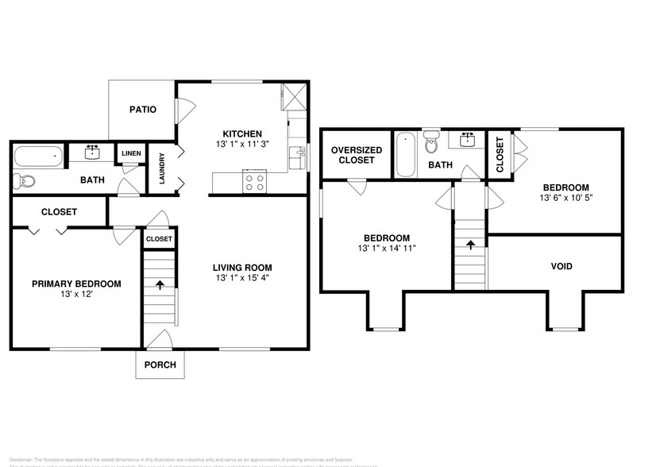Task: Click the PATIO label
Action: coord(143,110)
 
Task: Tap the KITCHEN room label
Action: coord(242,133)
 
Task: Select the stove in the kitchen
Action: coord(256,182)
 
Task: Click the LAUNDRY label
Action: coord(162,168)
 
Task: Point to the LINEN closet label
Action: coord(131,152)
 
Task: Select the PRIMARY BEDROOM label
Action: coord(76,284)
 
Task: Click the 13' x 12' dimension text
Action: coord(76,295)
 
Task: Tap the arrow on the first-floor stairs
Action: coord(160,283)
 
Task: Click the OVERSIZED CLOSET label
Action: coord(357,155)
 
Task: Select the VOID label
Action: coord(562,267)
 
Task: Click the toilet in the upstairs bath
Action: coord(432,143)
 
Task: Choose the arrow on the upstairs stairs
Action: coord(470,245)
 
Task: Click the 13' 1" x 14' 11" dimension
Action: coord(387,249)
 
